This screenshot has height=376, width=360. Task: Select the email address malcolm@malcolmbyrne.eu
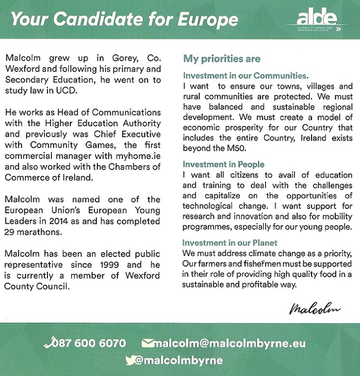pyautogui.click(x=229, y=343)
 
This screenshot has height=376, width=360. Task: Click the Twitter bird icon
pyautogui.click(x=130, y=360)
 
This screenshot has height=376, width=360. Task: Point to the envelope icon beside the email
pyautogui.click(x=147, y=343)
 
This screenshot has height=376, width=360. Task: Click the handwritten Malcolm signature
pyautogui.click(x=315, y=308)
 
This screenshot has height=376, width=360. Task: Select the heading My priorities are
pyautogui.click(x=222, y=59)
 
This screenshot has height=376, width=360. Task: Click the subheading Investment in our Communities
pyautogui.click(x=246, y=76)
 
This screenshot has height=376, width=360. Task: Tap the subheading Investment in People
pyautogui.click(x=224, y=164)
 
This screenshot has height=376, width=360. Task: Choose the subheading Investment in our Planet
pyautogui.click(x=229, y=243)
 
